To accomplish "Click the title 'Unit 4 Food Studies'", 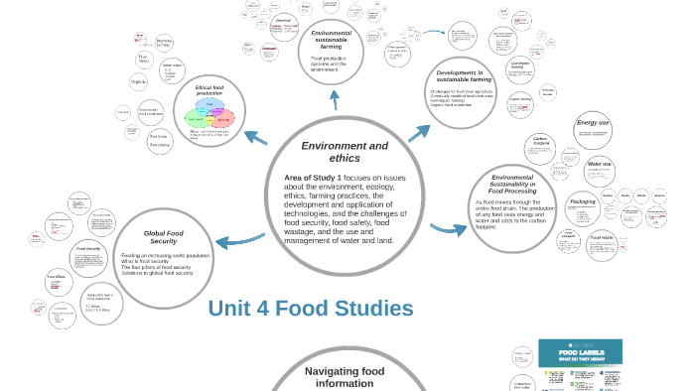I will click(311, 309).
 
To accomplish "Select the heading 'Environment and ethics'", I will click(345, 152).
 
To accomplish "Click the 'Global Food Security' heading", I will click(163, 237).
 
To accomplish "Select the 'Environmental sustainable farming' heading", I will click(331, 40).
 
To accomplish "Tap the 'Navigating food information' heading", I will click(345, 376).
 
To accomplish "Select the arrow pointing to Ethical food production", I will click(255, 138).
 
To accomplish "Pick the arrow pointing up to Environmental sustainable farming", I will click(335, 99).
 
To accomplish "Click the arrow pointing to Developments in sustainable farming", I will click(419, 133).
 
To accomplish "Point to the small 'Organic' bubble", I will click(138, 81).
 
